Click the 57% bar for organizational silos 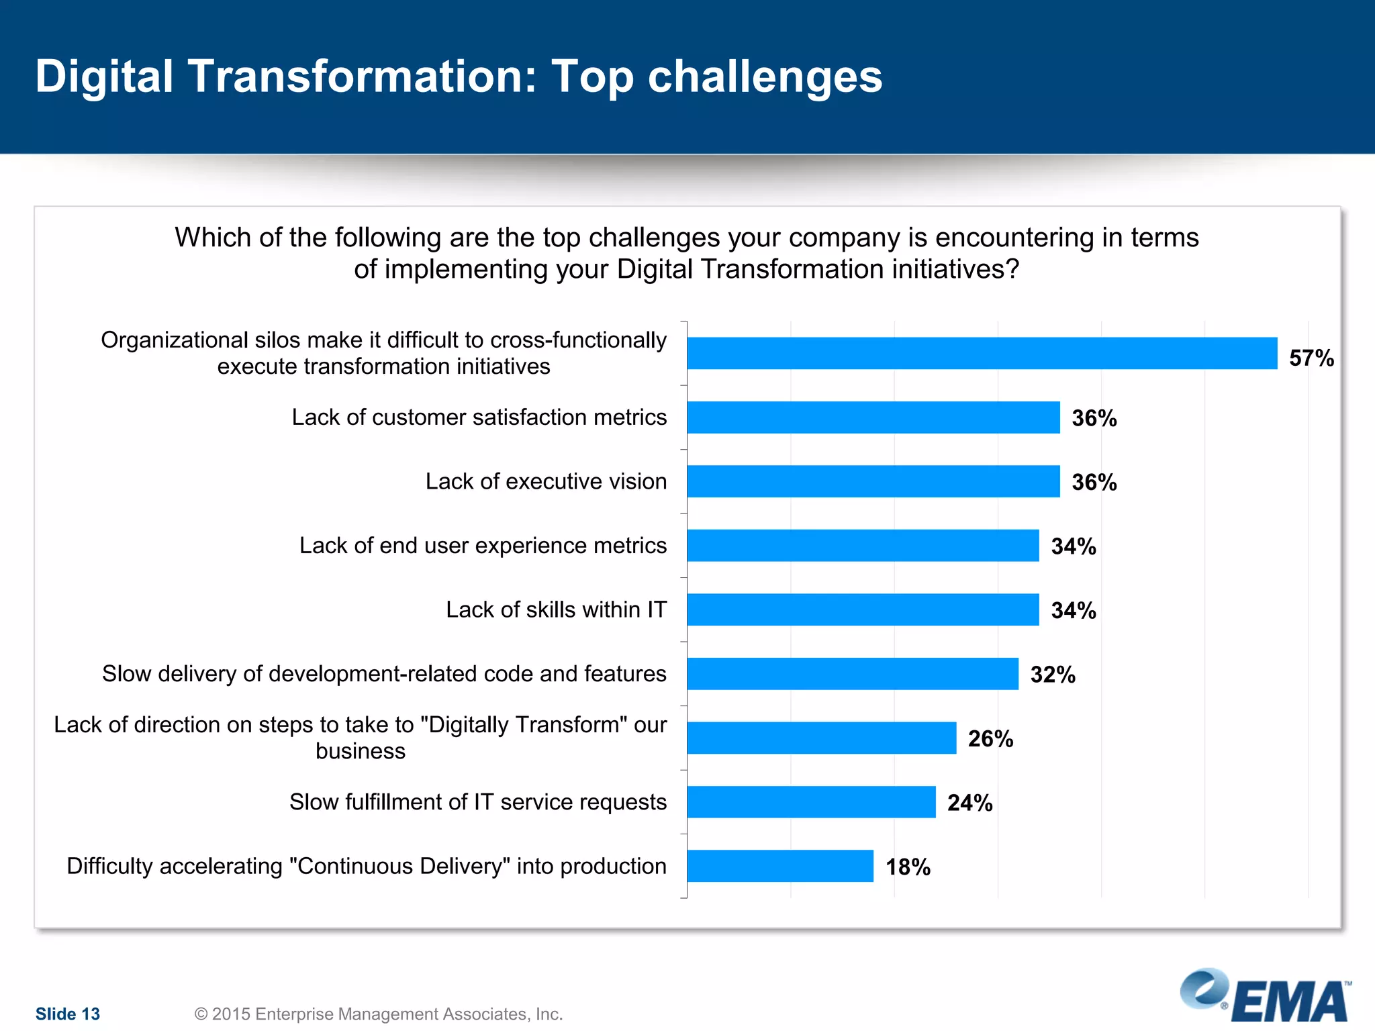pyautogui.click(x=982, y=353)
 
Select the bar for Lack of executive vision pyautogui.click(x=873, y=481)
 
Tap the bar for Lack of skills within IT pyautogui.click(x=863, y=609)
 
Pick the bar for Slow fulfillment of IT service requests pyautogui.click(x=811, y=802)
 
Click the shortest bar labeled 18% pyautogui.click(x=780, y=866)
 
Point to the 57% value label pyautogui.click(x=1311, y=358)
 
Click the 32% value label pyautogui.click(x=1052, y=675)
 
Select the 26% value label pyautogui.click(x=990, y=738)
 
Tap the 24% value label pyautogui.click(x=969, y=803)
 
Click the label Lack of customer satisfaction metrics pyautogui.click(x=479, y=418)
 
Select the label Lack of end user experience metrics pyautogui.click(x=483, y=546)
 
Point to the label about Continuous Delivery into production pyautogui.click(x=366, y=866)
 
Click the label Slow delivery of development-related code pyautogui.click(x=384, y=674)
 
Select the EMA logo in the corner pyautogui.click(x=1266, y=996)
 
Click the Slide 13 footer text pyautogui.click(x=67, y=1014)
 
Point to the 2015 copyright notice pyautogui.click(x=378, y=1014)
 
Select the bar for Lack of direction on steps pyautogui.click(x=821, y=738)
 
